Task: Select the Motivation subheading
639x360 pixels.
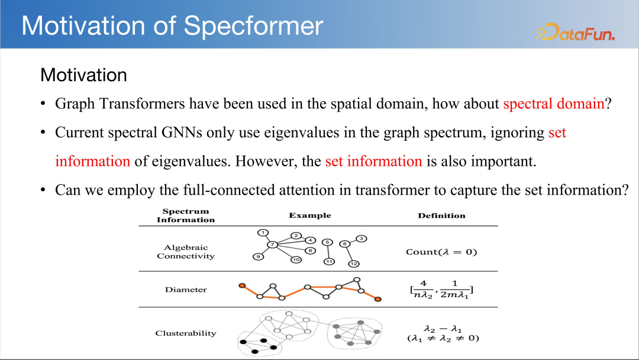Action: pos(83,75)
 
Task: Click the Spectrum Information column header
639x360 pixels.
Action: pos(186,216)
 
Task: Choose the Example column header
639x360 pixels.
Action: pos(310,216)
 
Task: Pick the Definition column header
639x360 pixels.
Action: pos(441,216)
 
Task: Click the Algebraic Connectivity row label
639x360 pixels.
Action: pos(186,252)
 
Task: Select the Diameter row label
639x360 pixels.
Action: pos(186,290)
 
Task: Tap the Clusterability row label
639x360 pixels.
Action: pos(186,333)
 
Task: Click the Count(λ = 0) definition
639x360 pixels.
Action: pos(441,252)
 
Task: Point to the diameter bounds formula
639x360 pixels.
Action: pos(441,290)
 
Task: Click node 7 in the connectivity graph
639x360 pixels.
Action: pos(272,245)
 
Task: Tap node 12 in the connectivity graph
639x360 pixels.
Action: pos(354,263)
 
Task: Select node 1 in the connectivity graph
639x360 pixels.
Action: pos(264,233)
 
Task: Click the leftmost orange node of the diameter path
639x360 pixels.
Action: pos(242,286)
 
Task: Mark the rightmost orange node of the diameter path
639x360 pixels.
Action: pos(378,299)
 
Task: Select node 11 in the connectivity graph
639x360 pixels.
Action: pos(330,261)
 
